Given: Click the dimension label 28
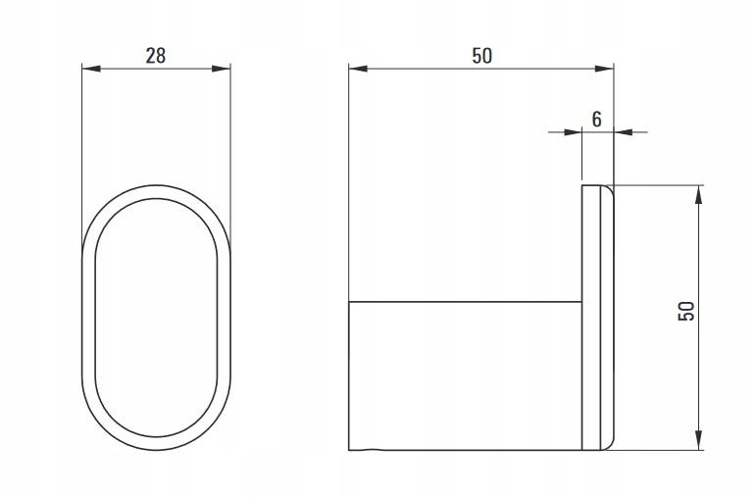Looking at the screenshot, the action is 156,56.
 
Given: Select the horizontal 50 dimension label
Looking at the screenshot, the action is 481,56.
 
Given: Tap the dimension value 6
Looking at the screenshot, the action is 597,119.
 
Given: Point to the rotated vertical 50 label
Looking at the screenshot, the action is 686,311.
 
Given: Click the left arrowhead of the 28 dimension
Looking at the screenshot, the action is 91,69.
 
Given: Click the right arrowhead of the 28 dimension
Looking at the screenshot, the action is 222,69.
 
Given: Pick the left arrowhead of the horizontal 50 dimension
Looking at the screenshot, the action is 358,69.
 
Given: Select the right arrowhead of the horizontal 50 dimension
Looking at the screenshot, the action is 604,69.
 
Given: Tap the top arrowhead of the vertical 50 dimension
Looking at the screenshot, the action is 698,194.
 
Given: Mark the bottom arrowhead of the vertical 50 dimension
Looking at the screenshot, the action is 698,440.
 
